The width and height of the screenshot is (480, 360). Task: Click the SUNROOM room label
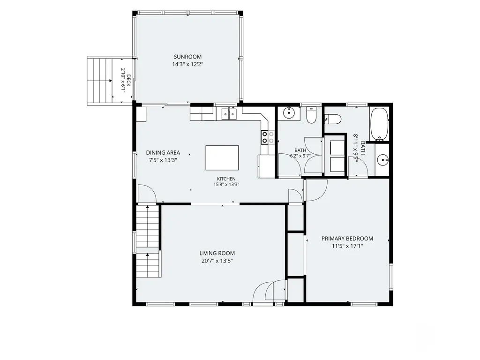tap(187, 57)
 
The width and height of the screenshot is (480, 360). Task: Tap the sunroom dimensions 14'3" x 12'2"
tap(187, 64)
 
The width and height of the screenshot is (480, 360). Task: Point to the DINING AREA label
tap(163, 152)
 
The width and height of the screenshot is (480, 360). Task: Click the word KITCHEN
tap(226, 179)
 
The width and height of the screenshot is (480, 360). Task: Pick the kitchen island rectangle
tap(222, 157)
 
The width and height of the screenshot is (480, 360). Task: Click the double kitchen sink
tap(229, 114)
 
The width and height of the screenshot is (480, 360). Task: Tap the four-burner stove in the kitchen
tap(268, 137)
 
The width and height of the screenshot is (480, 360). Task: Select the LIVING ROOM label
tap(217, 253)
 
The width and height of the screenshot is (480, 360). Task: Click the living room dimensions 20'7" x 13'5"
tap(217, 261)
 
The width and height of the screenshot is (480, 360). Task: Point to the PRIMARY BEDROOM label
tap(347, 239)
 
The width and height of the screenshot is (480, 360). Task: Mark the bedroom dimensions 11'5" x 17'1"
tap(347, 246)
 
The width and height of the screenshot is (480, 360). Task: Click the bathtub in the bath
tap(379, 124)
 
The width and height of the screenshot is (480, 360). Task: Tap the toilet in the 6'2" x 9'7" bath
tap(311, 115)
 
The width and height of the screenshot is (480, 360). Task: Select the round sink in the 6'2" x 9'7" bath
tap(288, 113)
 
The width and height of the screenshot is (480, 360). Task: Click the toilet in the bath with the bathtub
tap(332, 119)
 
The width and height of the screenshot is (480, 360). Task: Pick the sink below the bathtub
tap(382, 159)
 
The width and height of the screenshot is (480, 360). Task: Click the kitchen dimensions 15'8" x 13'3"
tap(226, 185)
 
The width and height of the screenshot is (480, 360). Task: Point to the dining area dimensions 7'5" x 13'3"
tap(163, 160)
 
